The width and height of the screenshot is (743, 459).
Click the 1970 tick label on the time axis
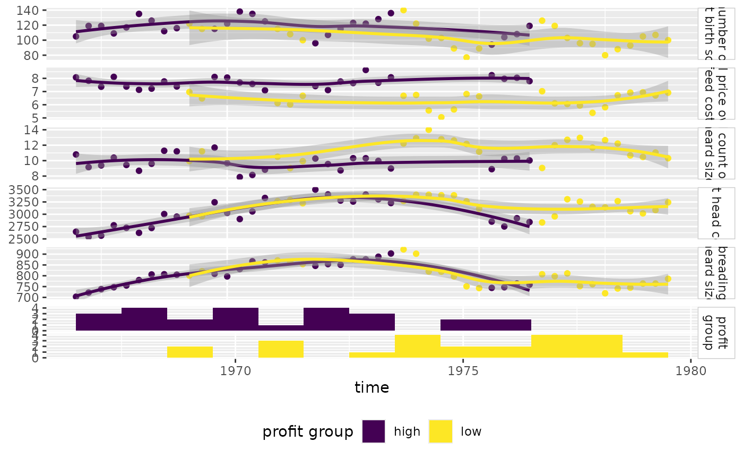pyautogui.click(x=236, y=369)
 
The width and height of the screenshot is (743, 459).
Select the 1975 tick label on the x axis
pyautogui.click(x=463, y=369)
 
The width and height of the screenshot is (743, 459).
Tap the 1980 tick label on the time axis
pyautogui.click(x=690, y=369)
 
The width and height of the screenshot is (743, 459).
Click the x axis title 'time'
pyautogui.click(x=371, y=388)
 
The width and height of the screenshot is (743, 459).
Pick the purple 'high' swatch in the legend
pyautogui.click(x=373, y=431)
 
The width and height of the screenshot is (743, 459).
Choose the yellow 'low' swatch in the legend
pyautogui.click(x=440, y=431)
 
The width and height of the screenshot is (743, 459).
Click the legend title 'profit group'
pyautogui.click(x=308, y=432)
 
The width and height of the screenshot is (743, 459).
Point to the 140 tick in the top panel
pyautogui.click(x=29, y=11)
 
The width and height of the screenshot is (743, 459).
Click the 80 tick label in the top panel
pyautogui.click(x=32, y=55)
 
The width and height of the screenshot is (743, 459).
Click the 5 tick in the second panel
pyautogui.click(x=35, y=118)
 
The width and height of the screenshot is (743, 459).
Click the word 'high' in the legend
pyautogui.click(x=407, y=432)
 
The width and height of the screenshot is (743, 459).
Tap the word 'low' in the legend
pyautogui.click(x=471, y=432)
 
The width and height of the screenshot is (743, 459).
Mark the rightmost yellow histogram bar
pyautogui.click(x=645, y=355)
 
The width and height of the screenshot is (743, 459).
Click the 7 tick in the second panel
pyautogui.click(x=35, y=92)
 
